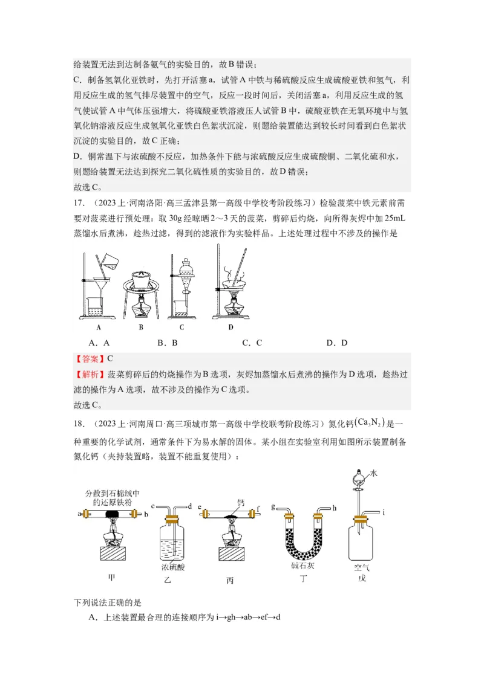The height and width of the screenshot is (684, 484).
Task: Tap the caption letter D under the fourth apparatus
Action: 231,327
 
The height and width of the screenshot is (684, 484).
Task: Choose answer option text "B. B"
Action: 167,343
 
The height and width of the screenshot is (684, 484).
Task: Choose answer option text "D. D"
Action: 336,343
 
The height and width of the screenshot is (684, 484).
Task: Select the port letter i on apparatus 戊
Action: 384,513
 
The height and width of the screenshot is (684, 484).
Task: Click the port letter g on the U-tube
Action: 274,505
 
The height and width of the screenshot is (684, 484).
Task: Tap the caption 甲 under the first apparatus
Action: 111,578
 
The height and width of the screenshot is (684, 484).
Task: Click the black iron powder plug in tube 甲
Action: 111,514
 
